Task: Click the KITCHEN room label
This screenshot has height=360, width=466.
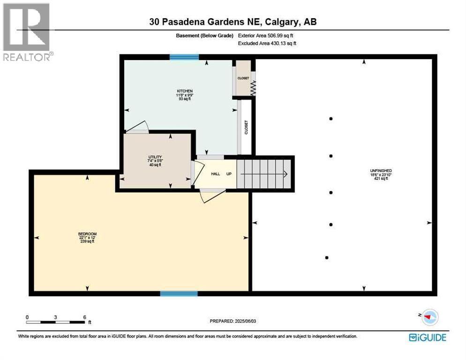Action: (184, 91)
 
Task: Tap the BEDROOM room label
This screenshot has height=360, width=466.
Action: (87, 234)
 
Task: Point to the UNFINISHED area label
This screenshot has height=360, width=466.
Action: (380, 171)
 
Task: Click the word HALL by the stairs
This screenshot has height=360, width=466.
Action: (215, 174)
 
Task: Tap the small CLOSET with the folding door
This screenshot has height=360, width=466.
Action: (243, 78)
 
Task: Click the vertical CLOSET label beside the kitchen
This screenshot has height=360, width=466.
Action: (246, 127)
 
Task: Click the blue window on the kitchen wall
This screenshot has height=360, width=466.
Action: (184, 57)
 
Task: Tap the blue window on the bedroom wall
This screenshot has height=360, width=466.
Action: (179, 294)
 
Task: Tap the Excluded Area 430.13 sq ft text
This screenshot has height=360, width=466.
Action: (267, 43)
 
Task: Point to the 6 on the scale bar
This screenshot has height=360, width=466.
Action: (84, 317)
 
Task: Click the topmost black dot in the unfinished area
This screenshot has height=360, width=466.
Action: (331, 119)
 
